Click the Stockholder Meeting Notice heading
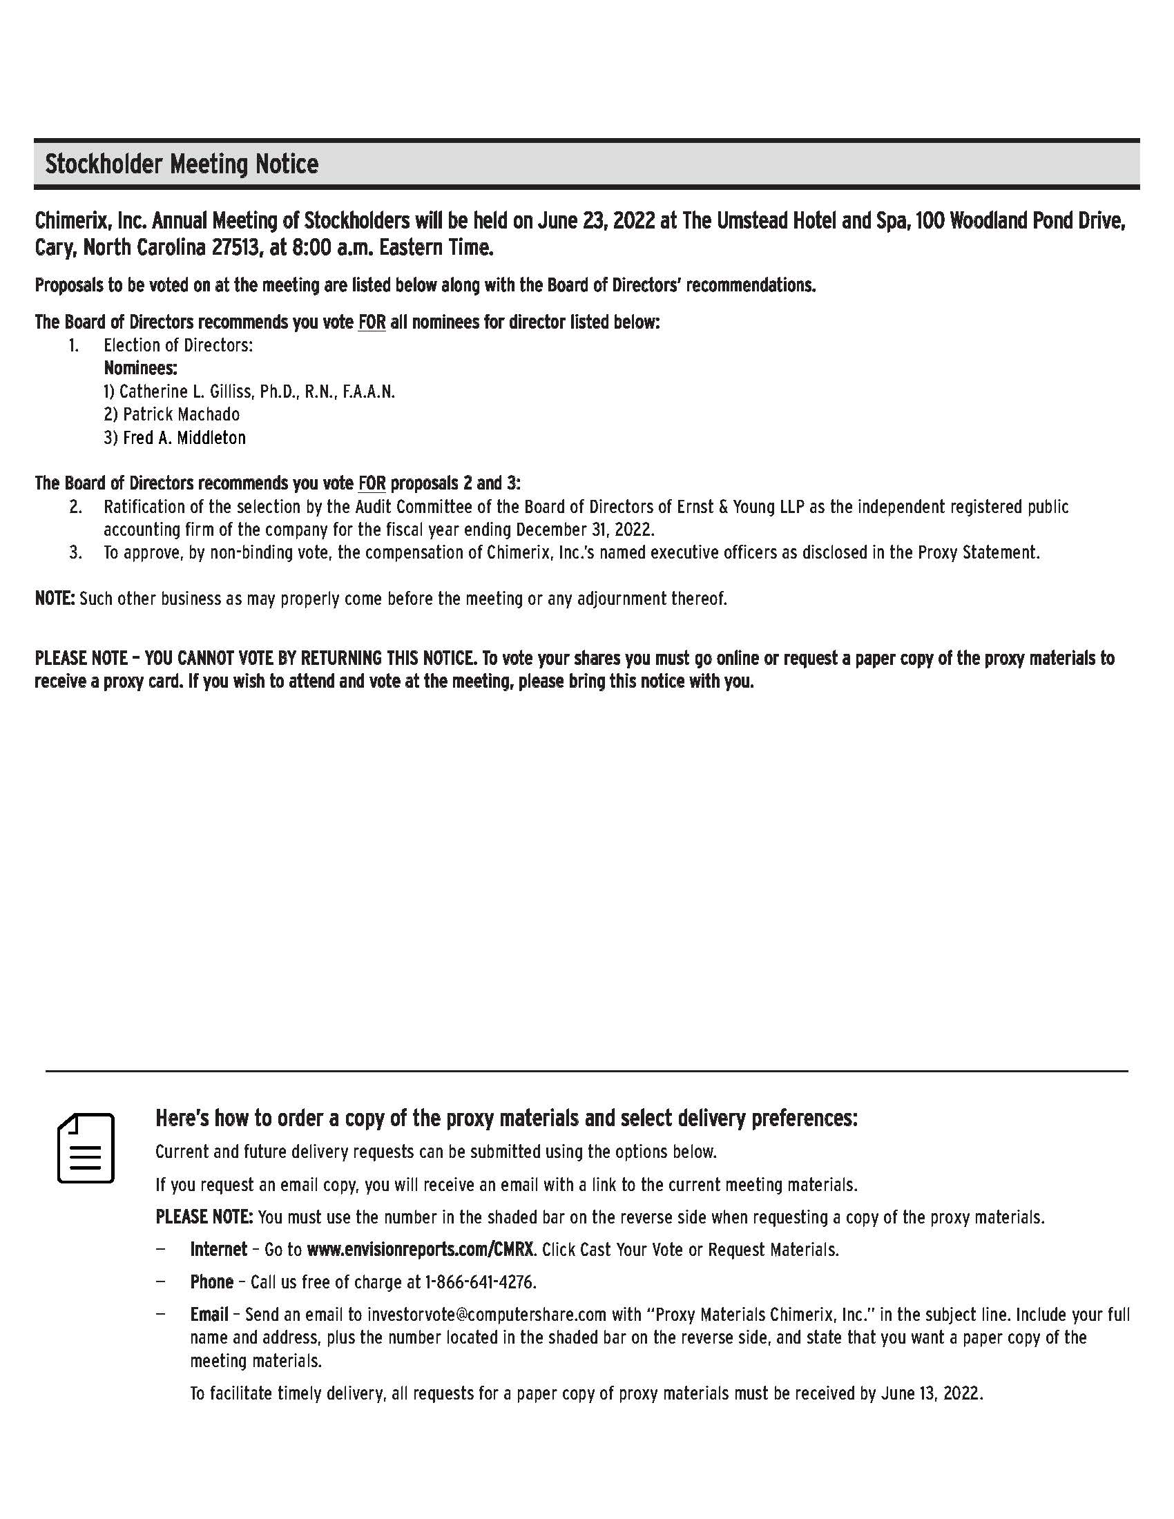(182, 164)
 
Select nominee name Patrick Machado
(181, 414)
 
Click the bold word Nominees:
(140, 368)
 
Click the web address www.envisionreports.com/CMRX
(420, 1249)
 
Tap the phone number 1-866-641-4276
(480, 1282)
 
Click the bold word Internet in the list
(218, 1249)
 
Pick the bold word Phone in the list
(211, 1282)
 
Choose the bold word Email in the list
(209, 1315)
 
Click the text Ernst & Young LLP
(740, 507)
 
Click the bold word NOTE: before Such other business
(55, 598)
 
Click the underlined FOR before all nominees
(372, 322)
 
